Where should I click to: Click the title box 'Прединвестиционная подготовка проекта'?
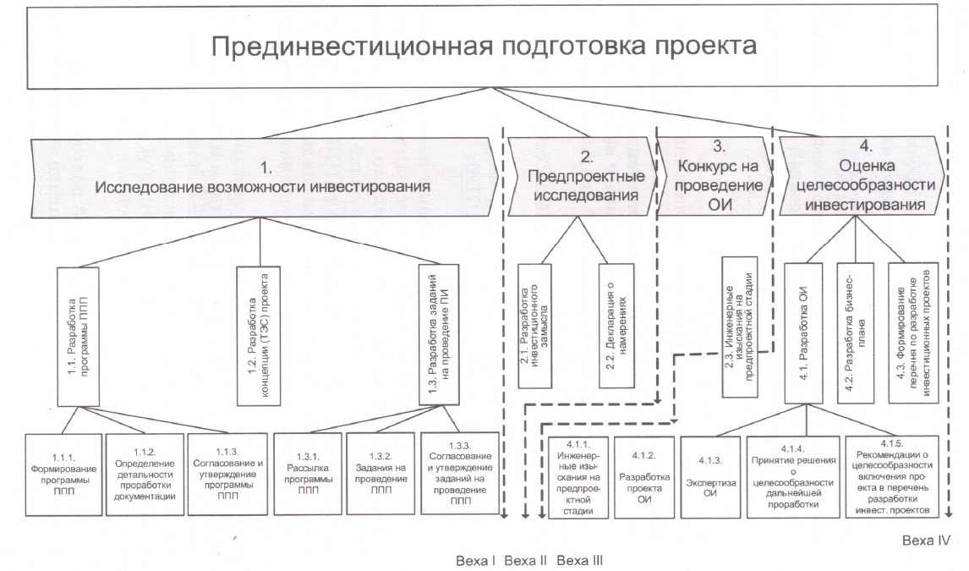(482, 46)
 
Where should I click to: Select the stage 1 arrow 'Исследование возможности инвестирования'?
(265, 178)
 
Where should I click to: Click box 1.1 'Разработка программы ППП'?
(79, 337)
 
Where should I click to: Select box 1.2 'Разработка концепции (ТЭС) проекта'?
(259, 336)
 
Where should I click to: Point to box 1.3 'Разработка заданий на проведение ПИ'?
(439, 334)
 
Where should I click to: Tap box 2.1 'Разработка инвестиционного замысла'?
(534, 326)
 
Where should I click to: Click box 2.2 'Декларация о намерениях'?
(616, 326)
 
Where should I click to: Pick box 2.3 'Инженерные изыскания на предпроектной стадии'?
(740, 327)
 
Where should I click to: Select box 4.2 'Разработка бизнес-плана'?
(856, 332)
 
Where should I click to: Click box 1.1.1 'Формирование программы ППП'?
(63, 475)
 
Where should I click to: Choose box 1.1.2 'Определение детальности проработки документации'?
(145, 474)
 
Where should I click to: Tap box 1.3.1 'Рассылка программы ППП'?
(308, 474)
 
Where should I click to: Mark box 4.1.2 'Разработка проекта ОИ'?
(643, 477)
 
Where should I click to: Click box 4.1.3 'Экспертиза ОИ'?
(710, 477)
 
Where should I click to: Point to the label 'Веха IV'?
(926, 541)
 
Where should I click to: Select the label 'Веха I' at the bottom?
(476, 561)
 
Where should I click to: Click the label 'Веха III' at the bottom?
(580, 561)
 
